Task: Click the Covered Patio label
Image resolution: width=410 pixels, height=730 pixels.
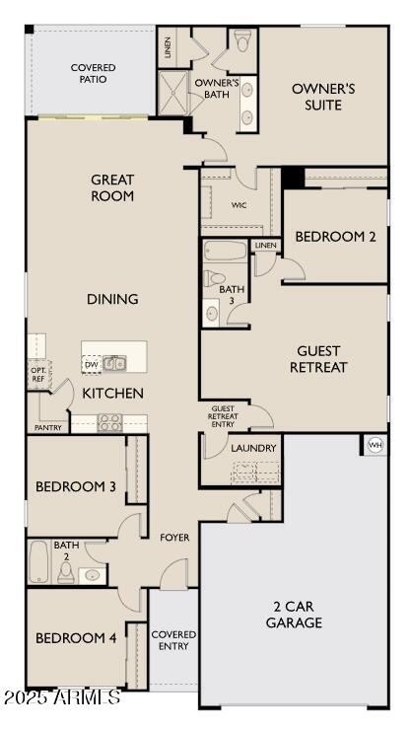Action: point(93,74)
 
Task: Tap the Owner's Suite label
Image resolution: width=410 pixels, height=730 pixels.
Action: point(323,97)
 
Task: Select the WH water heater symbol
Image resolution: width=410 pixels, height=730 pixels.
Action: point(375,445)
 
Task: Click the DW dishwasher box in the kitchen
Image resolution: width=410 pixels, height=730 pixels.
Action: point(92,365)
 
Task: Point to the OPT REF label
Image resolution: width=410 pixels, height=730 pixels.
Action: point(37,375)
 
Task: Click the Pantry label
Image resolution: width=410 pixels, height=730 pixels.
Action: point(47,428)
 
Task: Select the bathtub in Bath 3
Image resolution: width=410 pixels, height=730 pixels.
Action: point(226,251)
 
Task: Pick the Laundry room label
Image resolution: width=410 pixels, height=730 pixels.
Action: point(253,448)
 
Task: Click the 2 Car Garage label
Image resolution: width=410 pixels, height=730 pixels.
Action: point(294,615)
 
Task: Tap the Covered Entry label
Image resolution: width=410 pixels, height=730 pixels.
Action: point(173,639)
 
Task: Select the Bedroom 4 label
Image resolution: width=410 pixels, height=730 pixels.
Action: point(76,638)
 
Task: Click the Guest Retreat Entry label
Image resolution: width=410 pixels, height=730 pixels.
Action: point(224,416)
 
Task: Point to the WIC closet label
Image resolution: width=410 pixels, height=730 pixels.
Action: point(239,206)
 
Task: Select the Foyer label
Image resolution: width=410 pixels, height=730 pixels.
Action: point(174,537)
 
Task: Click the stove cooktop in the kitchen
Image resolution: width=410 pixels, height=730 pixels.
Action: point(109,422)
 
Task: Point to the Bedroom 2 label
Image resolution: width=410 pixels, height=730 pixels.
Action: point(335,236)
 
